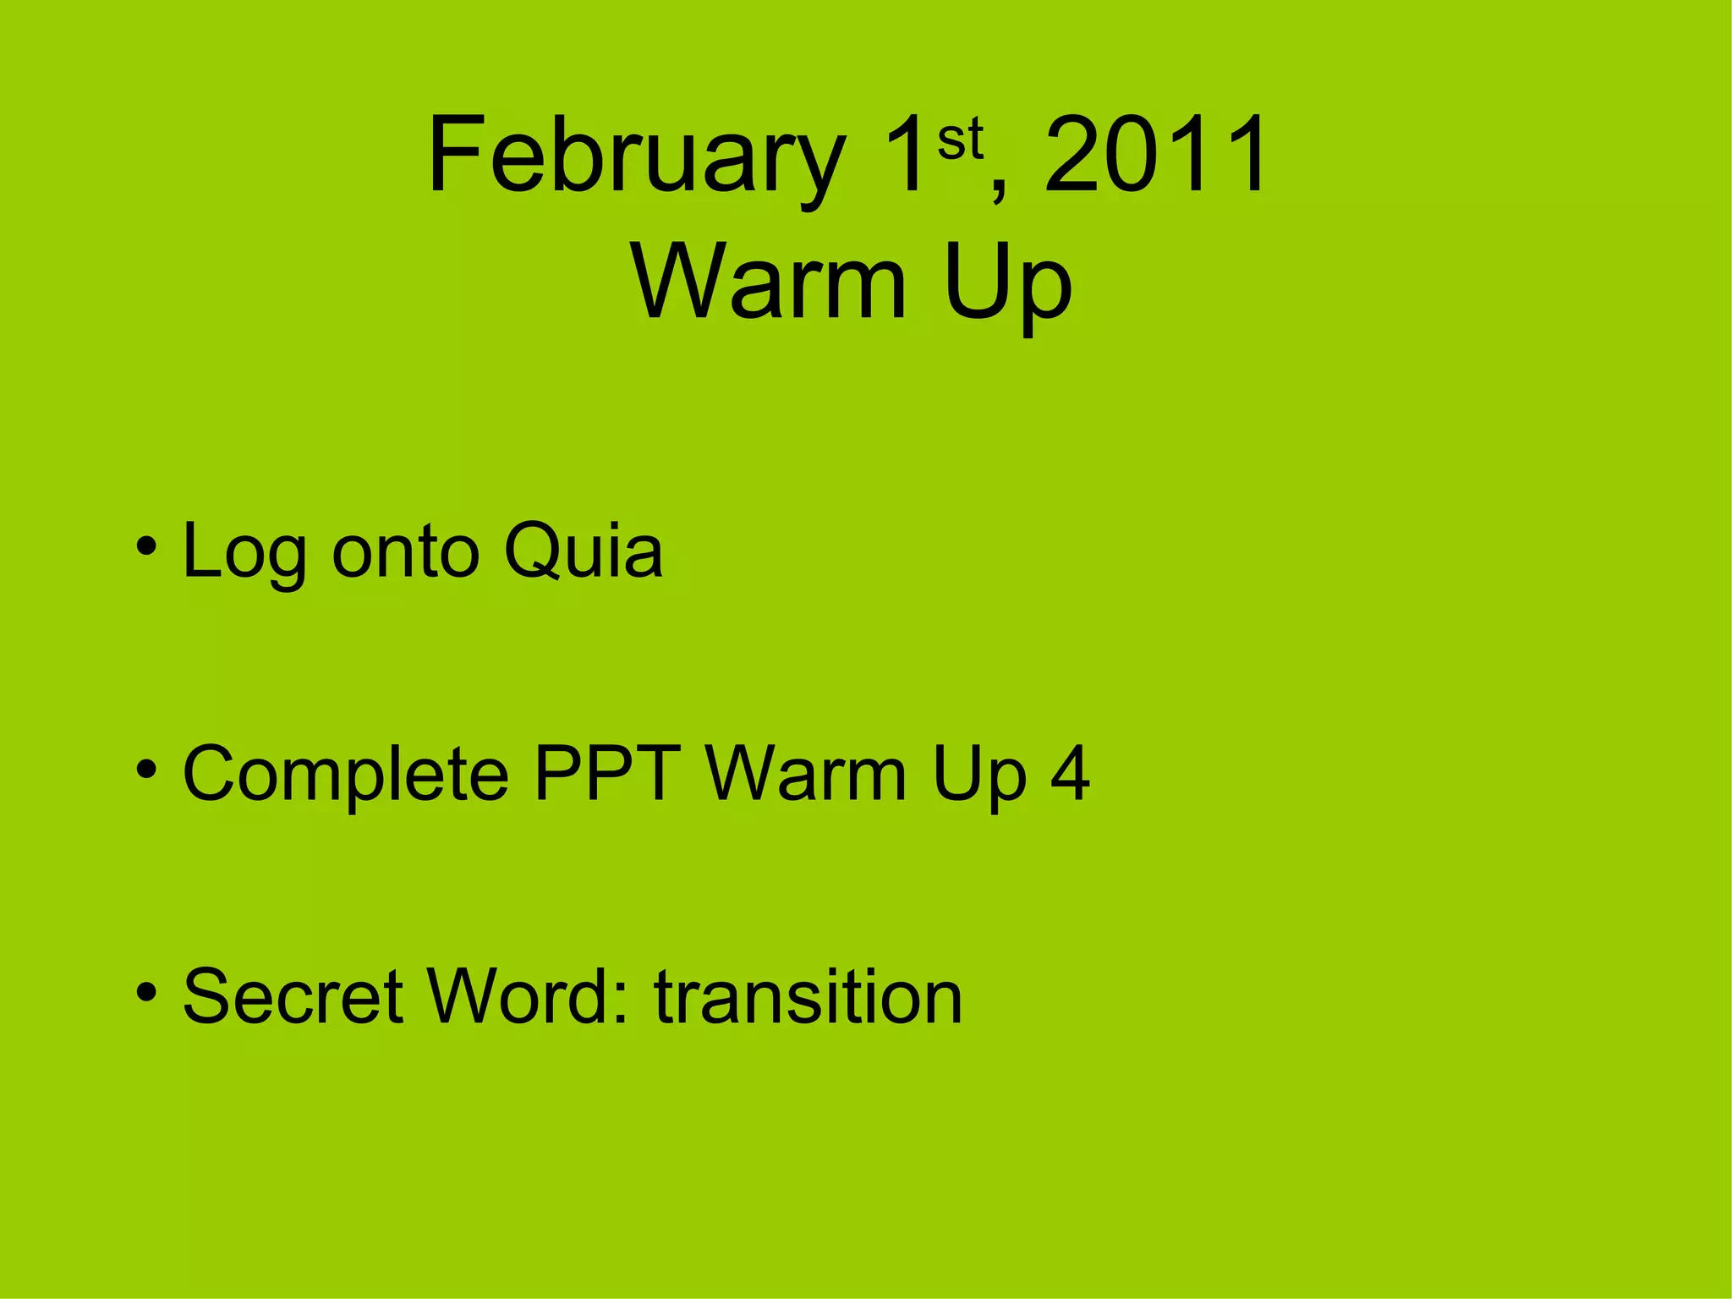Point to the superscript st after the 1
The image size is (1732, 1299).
960,140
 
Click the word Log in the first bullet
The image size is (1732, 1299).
244,553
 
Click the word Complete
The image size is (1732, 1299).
346,775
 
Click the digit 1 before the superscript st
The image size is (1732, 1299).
905,156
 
